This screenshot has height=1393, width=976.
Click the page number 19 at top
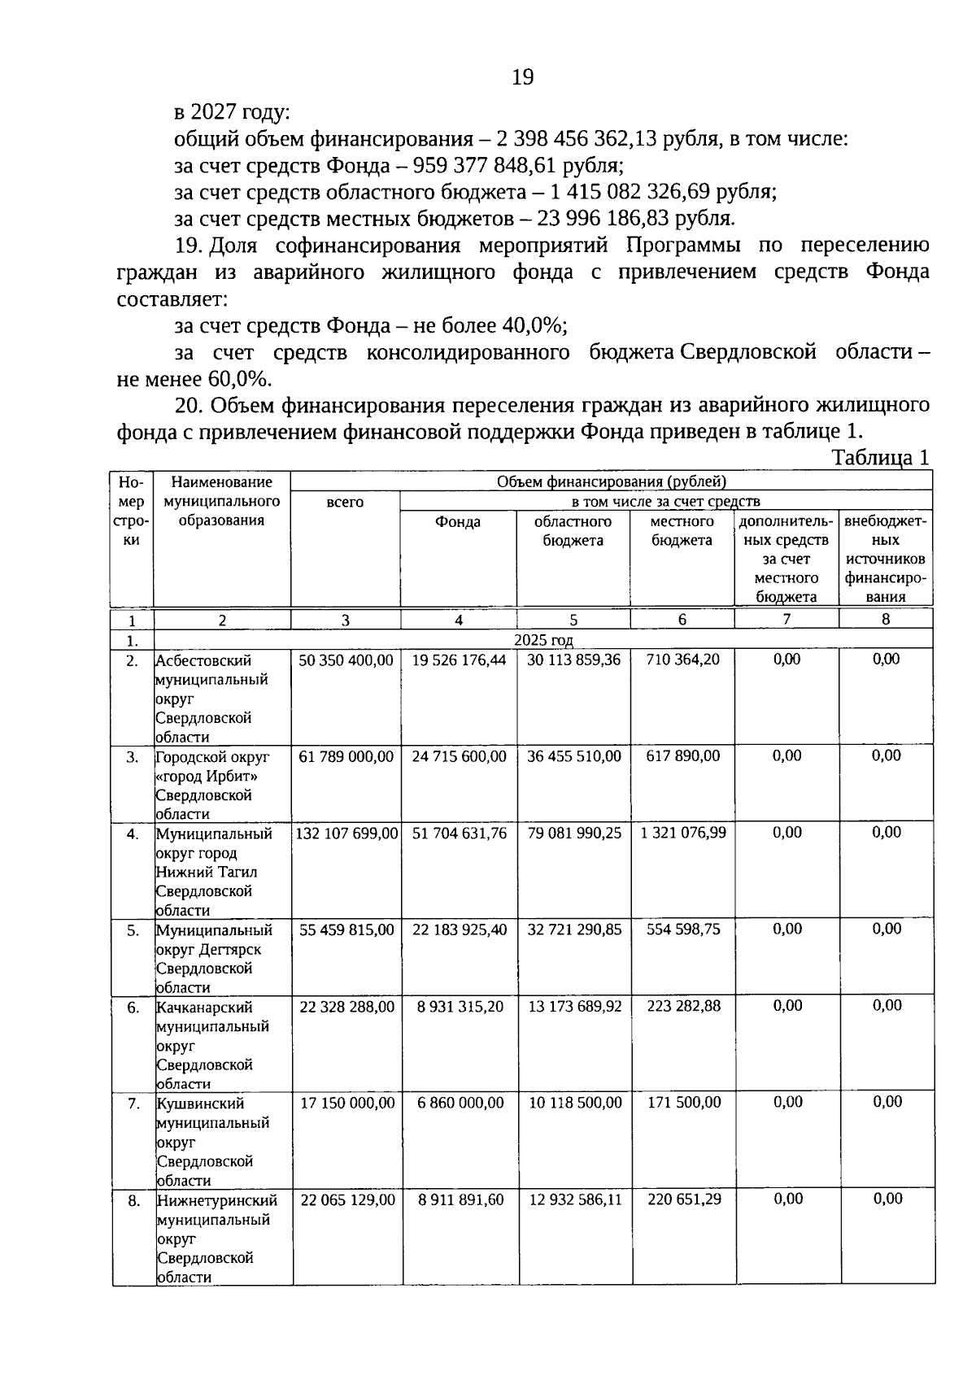pos(523,77)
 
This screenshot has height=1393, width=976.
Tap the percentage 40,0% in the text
pos(533,326)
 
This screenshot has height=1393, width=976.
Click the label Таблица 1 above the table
pos(880,458)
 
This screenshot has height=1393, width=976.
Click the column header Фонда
pos(458,522)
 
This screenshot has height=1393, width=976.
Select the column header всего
pos(345,503)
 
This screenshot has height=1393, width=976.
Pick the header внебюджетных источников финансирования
pos(885,558)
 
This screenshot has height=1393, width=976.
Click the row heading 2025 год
pos(543,640)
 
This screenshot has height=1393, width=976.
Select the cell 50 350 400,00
pos(346,660)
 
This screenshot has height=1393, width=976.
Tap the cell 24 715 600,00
pos(459,756)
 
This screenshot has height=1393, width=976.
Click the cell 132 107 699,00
pos(346,834)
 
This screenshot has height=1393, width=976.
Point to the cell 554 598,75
pos(683,929)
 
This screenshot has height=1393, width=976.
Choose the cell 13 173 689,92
pos(574,1007)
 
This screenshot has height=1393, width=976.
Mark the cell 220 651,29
pos(684,1199)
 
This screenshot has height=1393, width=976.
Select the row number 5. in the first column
pos(133,930)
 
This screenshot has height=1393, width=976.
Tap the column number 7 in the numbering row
pos(786,619)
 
